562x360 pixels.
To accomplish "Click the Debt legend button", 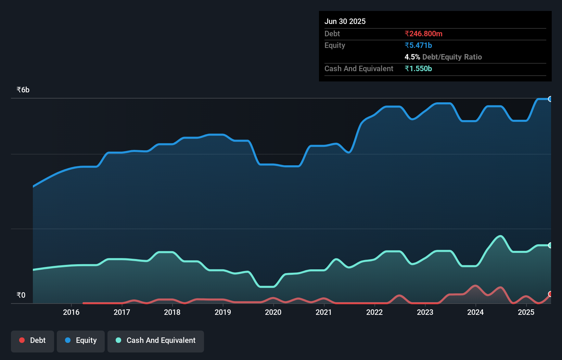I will (x=33, y=341).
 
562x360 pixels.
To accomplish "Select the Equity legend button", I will (x=81, y=341).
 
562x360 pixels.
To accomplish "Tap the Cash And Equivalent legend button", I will (x=156, y=341).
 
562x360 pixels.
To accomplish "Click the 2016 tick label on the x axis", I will (x=71, y=312).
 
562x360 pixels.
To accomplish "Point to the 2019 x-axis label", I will (x=223, y=312).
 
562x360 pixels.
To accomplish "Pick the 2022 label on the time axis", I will (x=374, y=312).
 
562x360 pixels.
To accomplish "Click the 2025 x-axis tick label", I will (x=526, y=312).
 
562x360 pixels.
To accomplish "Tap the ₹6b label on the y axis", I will (x=23, y=90).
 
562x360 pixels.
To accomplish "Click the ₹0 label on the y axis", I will (x=21, y=295).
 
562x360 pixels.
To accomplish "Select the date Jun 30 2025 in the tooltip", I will (x=345, y=21).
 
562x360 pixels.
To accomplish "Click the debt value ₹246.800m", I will (x=423, y=34).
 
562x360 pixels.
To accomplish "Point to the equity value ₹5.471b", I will (x=418, y=45).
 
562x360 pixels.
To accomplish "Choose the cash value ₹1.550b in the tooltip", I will (x=418, y=68).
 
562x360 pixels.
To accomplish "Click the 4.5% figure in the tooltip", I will (x=412, y=57).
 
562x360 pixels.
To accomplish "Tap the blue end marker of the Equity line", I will (x=550, y=99).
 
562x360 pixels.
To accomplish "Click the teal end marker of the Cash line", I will (x=550, y=245).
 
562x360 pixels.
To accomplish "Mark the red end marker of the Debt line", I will (x=550, y=294).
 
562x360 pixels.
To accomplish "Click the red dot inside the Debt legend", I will (x=22, y=340).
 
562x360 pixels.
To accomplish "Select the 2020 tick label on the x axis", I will (x=273, y=312).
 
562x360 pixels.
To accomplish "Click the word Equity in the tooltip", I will (x=335, y=45).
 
